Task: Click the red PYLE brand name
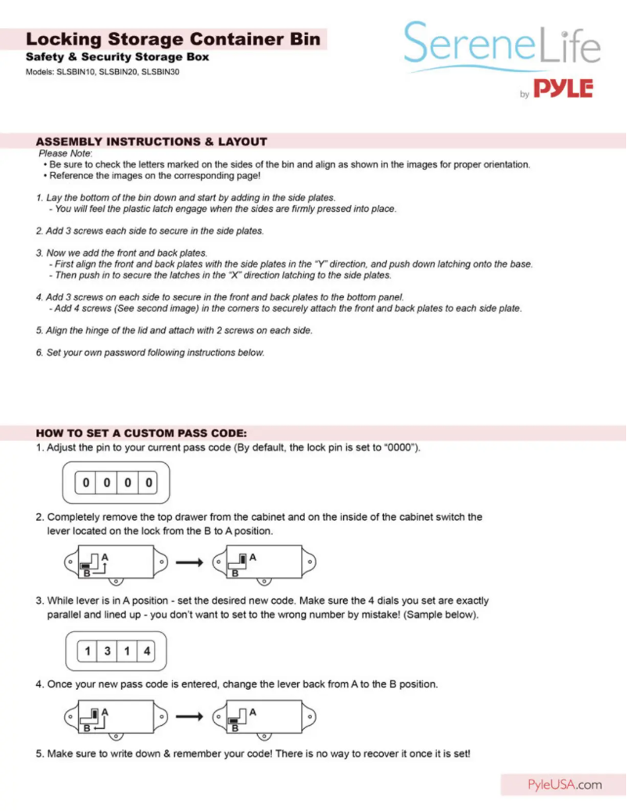coord(564,89)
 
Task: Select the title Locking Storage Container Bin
coord(173,39)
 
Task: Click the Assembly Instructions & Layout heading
coord(152,142)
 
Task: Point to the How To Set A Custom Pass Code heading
coord(142,432)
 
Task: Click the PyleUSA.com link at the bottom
coord(564,784)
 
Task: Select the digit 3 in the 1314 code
coord(107,651)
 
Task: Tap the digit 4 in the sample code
coord(147,651)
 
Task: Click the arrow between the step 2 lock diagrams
coord(192,562)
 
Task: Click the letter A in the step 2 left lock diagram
coord(104,555)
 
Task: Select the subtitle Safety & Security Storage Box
coord(117,58)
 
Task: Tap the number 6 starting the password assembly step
coord(39,353)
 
